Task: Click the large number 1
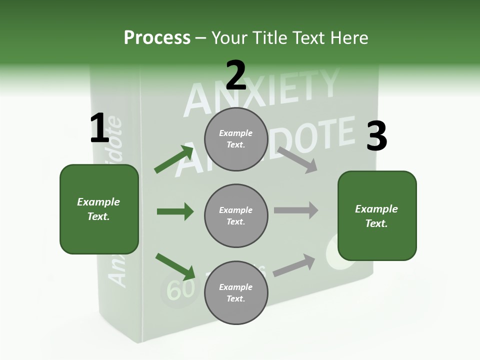(x=99, y=128)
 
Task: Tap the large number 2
(x=235, y=75)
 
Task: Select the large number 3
(x=376, y=136)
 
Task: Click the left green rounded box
(x=99, y=209)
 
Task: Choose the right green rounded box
(x=377, y=216)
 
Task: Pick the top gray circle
(x=236, y=139)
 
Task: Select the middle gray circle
(x=236, y=215)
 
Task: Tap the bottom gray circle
(x=236, y=292)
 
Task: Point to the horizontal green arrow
(x=175, y=212)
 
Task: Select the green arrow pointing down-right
(x=175, y=265)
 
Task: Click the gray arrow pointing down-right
(x=297, y=159)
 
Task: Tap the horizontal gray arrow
(x=296, y=210)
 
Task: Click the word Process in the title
(x=157, y=37)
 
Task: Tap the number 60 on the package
(x=180, y=289)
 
